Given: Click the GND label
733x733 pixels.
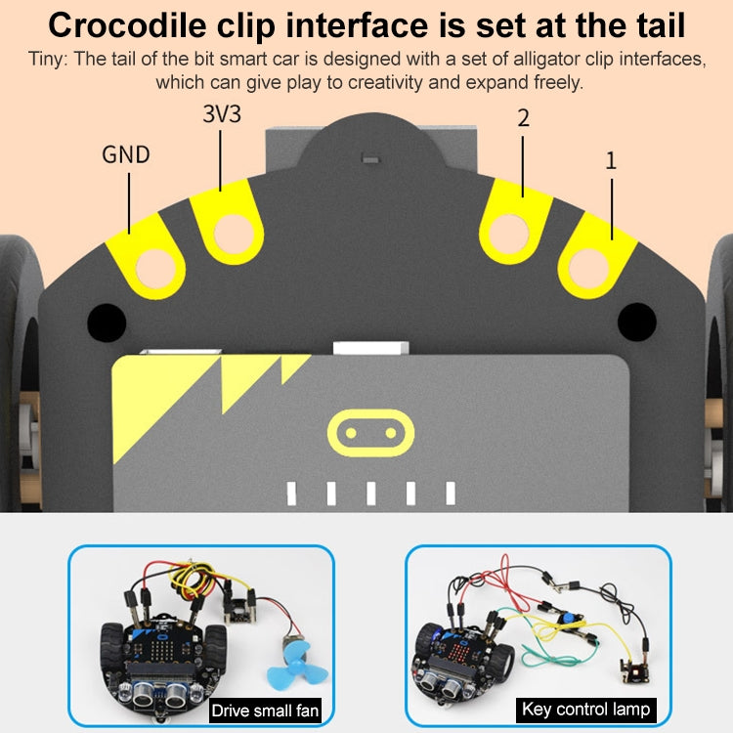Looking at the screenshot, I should click(126, 154).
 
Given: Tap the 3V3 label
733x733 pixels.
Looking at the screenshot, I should click(221, 114).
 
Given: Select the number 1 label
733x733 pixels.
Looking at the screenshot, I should click(611, 159).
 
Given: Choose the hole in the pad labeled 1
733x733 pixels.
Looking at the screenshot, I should click(588, 267).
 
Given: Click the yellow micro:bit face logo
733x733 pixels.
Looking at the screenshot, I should click(366, 430).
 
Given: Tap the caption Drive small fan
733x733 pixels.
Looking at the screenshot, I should click(264, 711).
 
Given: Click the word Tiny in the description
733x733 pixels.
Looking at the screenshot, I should click(45, 60).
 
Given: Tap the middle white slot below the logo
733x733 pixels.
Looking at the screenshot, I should click(371, 493).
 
